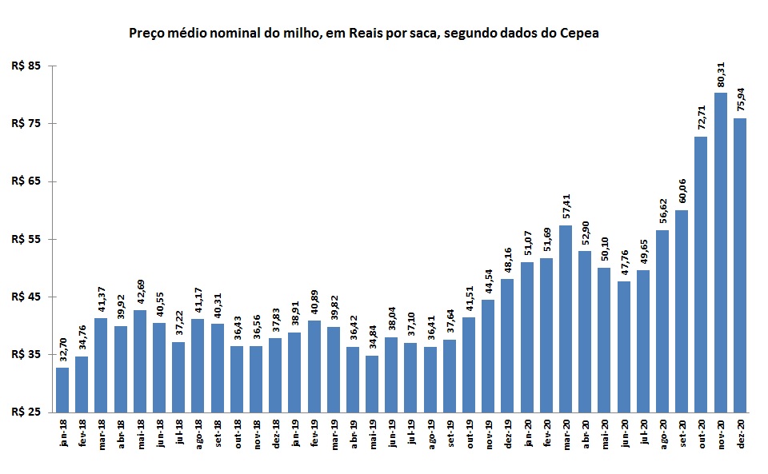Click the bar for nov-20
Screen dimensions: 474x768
point(721,253)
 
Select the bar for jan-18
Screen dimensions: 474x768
point(62,390)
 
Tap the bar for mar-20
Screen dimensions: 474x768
point(566,319)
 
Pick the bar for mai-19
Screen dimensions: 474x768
point(372,384)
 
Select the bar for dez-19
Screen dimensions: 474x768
point(508,345)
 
